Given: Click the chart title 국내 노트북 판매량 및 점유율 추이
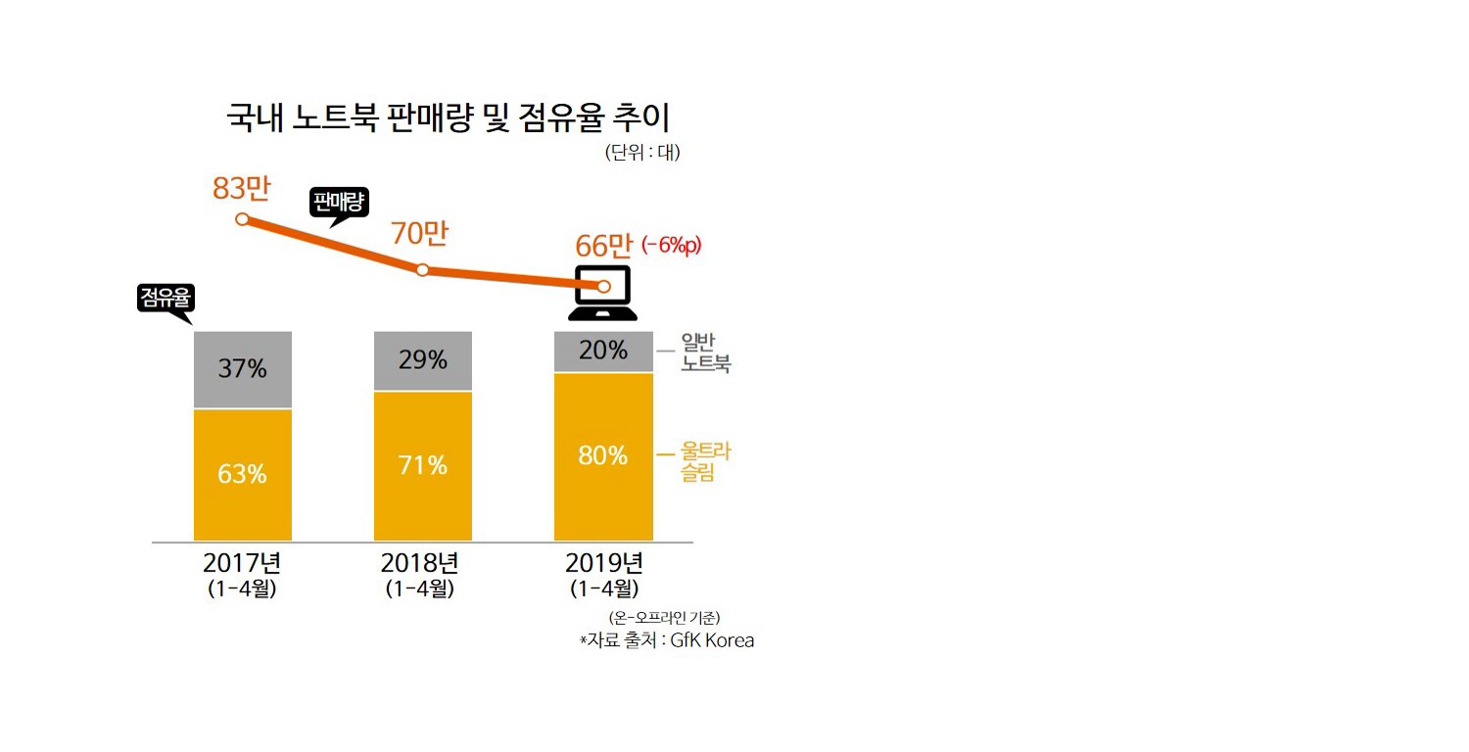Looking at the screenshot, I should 448,118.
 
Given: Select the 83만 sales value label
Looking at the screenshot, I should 241,186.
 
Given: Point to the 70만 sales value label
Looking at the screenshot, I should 419,234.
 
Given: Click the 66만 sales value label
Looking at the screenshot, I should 604,247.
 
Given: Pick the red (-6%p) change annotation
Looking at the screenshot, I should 672,247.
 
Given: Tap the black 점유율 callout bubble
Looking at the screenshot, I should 165,300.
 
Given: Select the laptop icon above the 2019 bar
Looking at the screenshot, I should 603,293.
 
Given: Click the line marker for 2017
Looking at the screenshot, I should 242,219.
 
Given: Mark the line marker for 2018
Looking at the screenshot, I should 423,269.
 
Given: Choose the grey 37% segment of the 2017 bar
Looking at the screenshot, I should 243,369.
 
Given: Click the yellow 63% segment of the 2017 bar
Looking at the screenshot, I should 243,474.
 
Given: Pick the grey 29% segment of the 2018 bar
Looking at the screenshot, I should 423,360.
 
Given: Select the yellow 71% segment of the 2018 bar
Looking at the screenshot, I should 423,465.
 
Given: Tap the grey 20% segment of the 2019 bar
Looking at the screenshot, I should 603,351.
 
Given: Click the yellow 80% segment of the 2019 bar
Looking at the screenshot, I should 603,455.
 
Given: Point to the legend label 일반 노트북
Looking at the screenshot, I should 706,353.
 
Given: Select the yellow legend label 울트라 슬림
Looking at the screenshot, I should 706,462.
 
